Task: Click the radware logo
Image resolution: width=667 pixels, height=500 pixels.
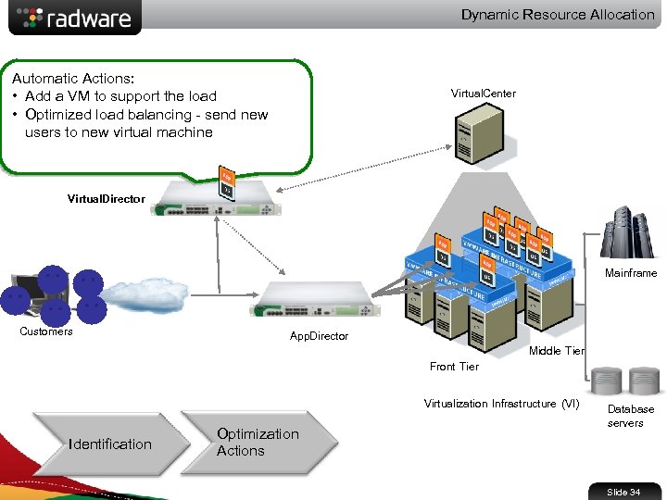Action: [75, 18]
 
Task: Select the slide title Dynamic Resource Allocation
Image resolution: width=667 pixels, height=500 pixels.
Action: [558, 15]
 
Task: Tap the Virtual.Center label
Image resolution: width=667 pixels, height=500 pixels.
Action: [483, 94]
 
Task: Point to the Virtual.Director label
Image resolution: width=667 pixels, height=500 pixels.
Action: [107, 199]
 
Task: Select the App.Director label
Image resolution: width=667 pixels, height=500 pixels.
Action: [319, 336]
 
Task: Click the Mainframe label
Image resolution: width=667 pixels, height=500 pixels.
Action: [631, 273]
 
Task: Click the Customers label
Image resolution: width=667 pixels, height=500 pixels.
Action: [46, 331]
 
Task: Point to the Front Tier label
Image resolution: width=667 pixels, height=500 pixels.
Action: [454, 367]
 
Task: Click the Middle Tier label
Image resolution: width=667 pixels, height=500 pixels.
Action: [556, 351]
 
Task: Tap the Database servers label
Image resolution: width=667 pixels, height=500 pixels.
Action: [630, 416]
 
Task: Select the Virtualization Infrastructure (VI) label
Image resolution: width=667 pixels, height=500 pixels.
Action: [501, 404]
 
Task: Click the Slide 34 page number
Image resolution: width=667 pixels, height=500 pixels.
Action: [623, 492]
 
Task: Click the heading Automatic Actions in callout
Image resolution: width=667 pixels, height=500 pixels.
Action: [70, 79]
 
